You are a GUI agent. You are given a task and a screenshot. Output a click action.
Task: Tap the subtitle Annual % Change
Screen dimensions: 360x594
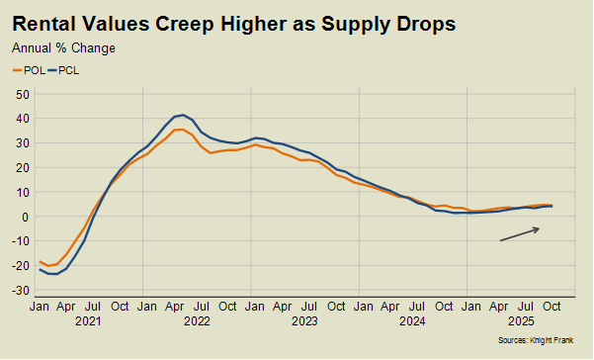[63, 47]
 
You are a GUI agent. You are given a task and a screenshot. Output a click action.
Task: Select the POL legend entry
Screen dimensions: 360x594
[29, 70]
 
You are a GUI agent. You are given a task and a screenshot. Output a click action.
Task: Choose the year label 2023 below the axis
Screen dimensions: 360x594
[304, 321]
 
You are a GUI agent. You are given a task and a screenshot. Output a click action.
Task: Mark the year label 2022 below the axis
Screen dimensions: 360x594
[198, 321]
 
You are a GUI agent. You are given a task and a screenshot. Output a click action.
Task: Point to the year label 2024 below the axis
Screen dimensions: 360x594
[412, 321]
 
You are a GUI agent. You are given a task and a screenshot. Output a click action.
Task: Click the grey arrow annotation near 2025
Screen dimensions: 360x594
[520, 233]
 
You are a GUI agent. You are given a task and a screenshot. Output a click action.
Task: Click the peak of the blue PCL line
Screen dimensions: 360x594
[182, 115]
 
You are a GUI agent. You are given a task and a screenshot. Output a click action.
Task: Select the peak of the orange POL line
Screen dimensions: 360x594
[179, 129]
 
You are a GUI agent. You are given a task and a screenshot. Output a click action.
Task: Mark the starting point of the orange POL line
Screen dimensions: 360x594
[40, 262]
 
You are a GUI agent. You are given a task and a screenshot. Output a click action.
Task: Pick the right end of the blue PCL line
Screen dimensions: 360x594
[552, 206]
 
